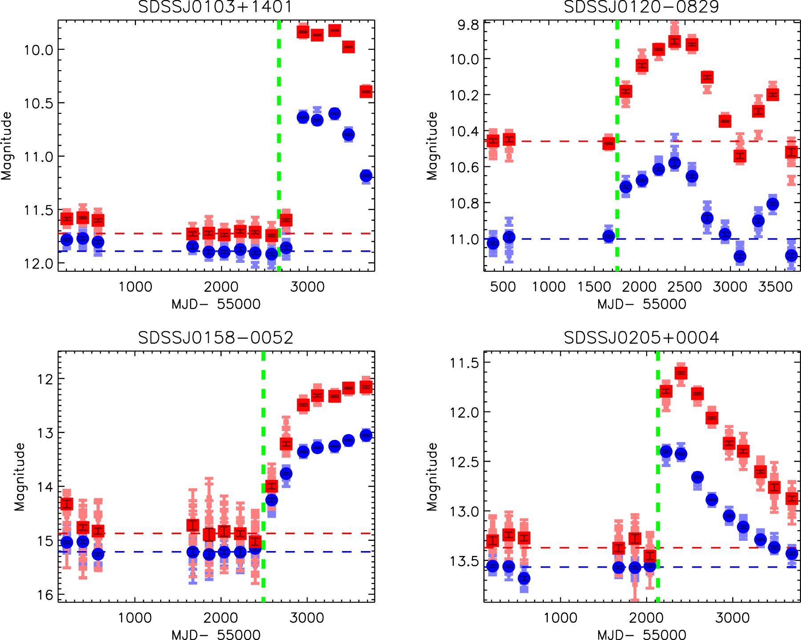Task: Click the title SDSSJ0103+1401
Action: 215,7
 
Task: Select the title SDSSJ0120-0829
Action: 641,7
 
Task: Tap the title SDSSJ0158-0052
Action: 215,338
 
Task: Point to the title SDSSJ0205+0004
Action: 641,338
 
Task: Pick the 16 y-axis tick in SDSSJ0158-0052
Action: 45,595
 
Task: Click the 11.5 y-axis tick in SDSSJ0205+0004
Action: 465,363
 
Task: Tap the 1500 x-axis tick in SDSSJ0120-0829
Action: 595,287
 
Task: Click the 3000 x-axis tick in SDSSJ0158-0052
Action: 307,618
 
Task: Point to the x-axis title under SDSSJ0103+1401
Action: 216,304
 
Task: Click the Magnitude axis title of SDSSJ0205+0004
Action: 432,476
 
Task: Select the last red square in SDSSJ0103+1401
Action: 366,92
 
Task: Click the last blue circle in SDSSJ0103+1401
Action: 366,176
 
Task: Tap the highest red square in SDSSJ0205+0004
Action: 681,373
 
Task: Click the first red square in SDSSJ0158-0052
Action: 67,504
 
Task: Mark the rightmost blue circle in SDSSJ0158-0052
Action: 366,435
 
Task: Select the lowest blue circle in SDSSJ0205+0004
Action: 524,579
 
